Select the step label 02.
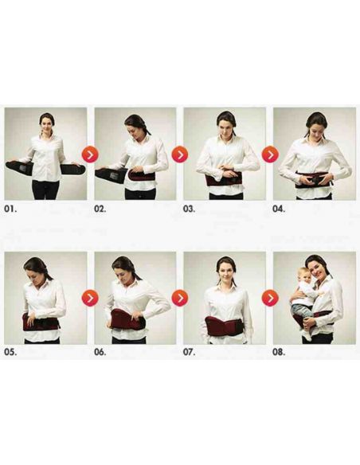[101, 210]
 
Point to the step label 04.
[280, 210]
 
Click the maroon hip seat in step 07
[224, 325]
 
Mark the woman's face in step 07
[226, 270]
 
